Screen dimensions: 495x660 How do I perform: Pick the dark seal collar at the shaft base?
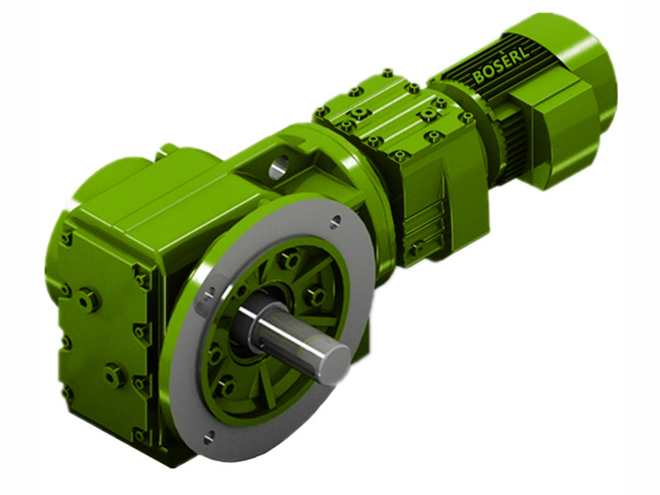(247, 322)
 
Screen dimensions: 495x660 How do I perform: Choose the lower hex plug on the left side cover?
(113, 375)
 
